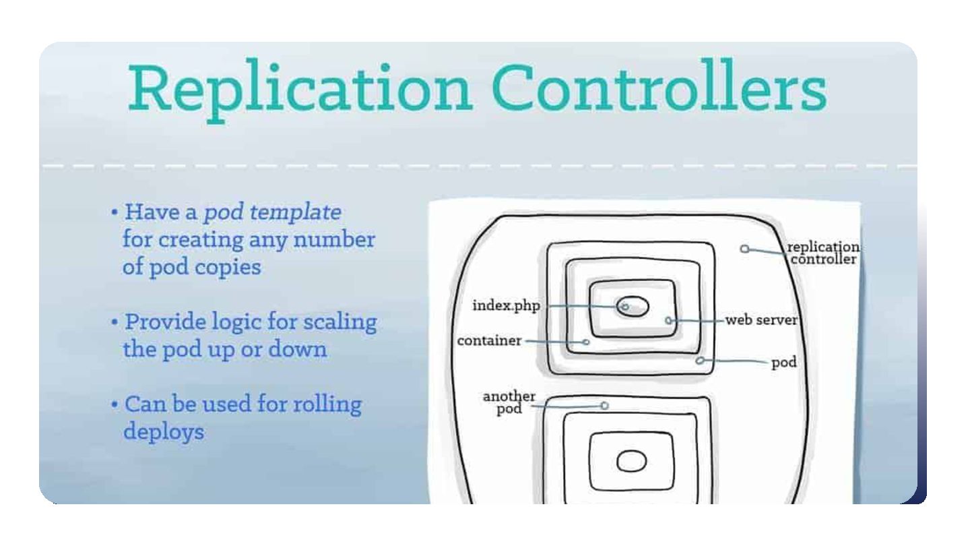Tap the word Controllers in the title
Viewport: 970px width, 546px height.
660,89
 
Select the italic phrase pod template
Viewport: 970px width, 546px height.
272,212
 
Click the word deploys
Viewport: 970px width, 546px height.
163,431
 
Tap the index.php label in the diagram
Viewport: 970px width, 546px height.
506,305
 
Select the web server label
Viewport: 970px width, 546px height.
761,320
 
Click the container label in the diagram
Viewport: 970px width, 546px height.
489,340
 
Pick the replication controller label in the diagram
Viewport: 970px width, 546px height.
823,253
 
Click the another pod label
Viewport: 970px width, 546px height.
509,402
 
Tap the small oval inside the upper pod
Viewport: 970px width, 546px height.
633,307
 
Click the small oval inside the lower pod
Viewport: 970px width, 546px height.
631,461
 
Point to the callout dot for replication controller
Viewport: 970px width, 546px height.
744,249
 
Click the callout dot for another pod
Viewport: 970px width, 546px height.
604,406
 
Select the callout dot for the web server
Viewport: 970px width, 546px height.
668,320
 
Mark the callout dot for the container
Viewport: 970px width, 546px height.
586,342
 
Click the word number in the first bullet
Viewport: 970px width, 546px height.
341,239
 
